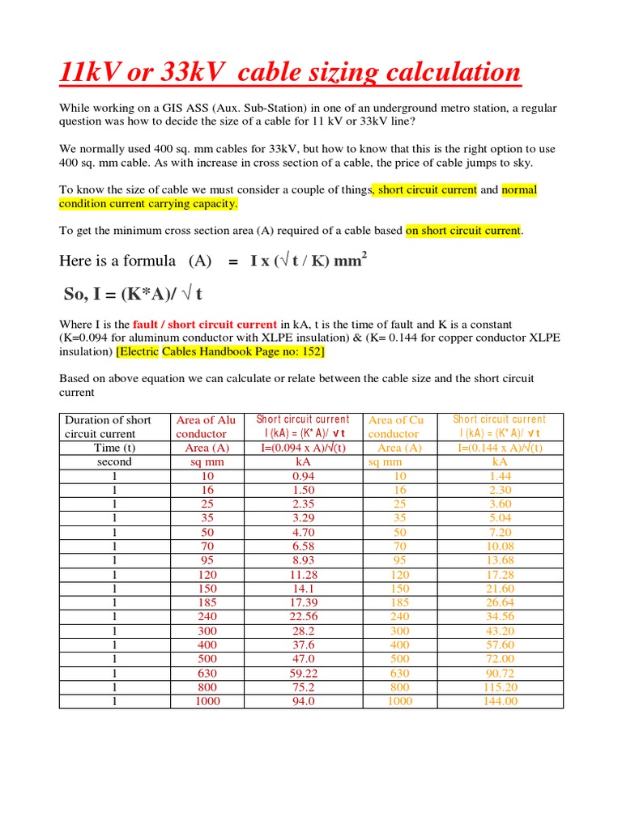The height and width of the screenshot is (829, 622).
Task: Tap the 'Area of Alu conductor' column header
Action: (207, 427)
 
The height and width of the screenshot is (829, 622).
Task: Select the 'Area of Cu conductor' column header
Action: (397, 427)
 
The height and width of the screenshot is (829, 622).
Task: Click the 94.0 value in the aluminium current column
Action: (303, 701)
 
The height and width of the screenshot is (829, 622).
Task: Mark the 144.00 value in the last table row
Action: (500, 701)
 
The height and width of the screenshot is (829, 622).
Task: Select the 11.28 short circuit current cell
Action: (303, 575)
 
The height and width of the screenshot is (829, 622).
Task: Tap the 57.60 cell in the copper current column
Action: (500, 644)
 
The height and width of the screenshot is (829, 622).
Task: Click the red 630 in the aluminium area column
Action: (207, 673)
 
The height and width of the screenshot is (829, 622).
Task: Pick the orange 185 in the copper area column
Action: (400, 602)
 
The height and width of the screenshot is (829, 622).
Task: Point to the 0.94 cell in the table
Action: (303, 476)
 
